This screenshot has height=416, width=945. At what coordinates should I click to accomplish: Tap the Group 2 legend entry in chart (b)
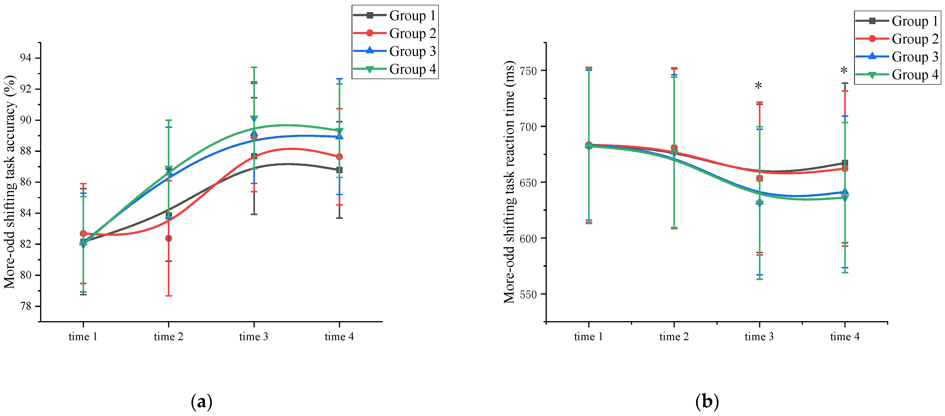coord(897,39)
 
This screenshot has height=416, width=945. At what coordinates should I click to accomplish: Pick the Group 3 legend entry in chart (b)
coord(897,57)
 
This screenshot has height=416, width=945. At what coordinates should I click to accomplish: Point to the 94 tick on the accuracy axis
coord(26,58)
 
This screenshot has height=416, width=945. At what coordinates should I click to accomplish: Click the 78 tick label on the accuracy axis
coord(26,306)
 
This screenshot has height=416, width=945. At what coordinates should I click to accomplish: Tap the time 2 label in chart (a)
coord(168,337)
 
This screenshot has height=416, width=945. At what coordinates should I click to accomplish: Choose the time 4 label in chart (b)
coord(845,337)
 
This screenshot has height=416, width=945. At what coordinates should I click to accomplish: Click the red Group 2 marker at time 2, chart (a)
coord(168,238)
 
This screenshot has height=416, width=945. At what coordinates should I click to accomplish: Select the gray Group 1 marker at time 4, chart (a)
coord(339,170)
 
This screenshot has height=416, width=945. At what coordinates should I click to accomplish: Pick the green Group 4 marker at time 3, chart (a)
coord(254,119)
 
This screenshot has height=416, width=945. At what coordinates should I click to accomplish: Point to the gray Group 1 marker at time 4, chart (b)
coord(845,163)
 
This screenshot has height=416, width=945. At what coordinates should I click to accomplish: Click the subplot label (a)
coord(202,402)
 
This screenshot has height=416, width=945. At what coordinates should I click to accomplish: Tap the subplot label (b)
coord(707,402)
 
